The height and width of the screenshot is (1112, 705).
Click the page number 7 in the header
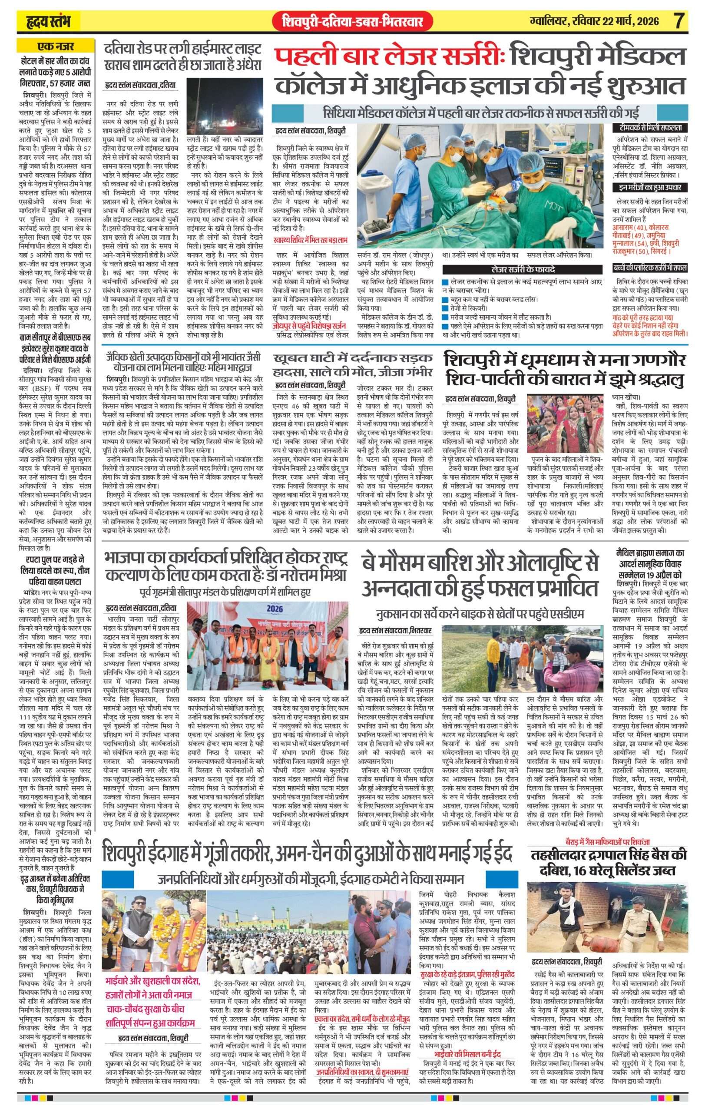[x=678, y=21]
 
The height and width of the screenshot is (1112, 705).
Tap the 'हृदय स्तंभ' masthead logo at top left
[x=47, y=21]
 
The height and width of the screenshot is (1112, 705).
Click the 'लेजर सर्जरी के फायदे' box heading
[x=523, y=269]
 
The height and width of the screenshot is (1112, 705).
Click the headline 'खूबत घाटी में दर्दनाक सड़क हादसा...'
[x=353, y=365]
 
